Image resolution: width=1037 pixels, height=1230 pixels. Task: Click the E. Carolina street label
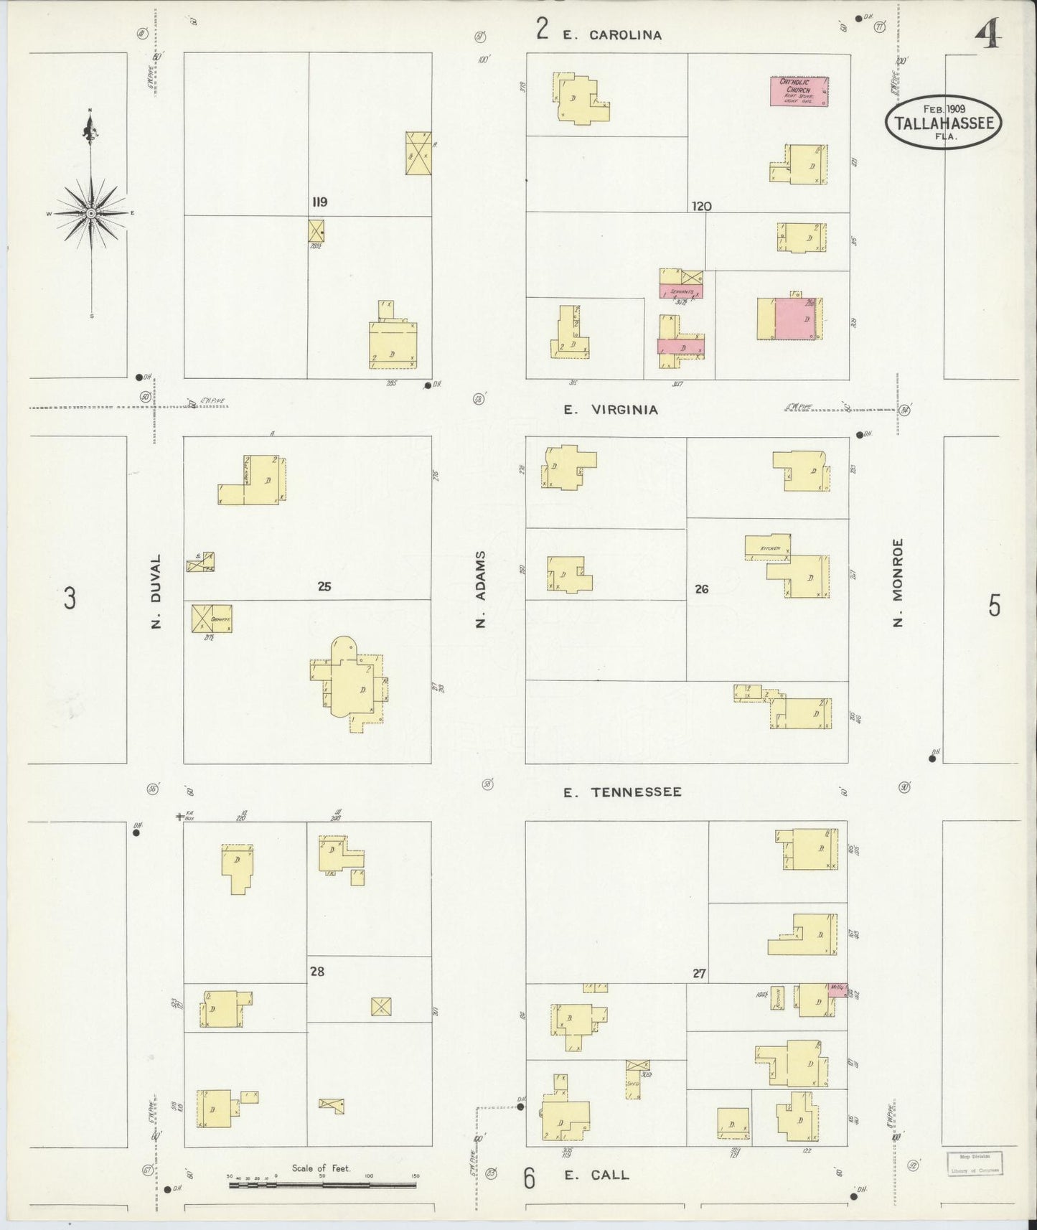point(611,34)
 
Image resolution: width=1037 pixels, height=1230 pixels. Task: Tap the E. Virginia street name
point(610,410)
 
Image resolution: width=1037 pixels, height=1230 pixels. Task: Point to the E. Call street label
point(596,1175)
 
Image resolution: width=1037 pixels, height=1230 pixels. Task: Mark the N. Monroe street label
point(897,582)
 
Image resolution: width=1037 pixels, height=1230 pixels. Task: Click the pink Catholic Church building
point(799,91)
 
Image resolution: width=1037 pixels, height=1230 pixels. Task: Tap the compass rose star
point(92,213)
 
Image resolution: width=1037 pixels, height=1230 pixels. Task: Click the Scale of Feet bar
point(323,1185)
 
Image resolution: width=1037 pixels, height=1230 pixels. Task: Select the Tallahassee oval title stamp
point(944,122)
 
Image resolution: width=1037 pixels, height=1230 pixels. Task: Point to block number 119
point(319,202)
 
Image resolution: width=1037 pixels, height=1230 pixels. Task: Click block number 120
point(701,207)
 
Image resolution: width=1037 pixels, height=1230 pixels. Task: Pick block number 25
point(324,586)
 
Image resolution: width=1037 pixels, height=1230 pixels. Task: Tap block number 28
point(317,972)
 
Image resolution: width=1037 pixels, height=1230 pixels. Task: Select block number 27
point(700,974)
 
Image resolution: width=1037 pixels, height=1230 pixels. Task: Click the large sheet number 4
point(988,32)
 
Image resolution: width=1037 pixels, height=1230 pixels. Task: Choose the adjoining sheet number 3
point(69,598)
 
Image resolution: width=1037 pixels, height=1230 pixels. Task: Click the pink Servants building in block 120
point(680,291)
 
